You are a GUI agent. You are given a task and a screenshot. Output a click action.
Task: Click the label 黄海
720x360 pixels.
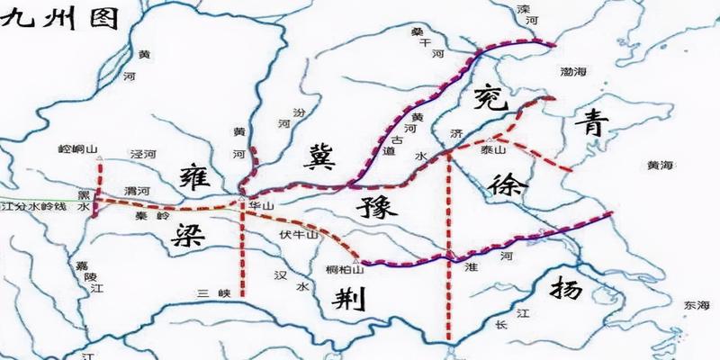pyautogui.click(x=661, y=166)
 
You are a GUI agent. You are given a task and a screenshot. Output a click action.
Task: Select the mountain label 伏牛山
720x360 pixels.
pyautogui.click(x=302, y=235)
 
